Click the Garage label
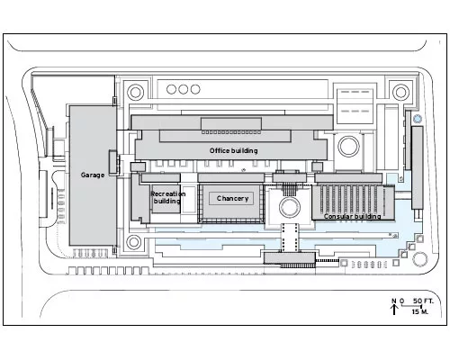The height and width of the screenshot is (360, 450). [x=93, y=175]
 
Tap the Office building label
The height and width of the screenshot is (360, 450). [x=233, y=150]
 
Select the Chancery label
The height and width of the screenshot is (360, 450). [x=232, y=198]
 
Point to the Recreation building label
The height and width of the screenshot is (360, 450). [x=167, y=197]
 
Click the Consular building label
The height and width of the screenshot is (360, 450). [x=352, y=216]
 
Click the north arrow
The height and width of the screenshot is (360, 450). [x=394, y=310]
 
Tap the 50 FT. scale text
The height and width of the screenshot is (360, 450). [x=423, y=301]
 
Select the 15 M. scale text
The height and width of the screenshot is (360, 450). [x=420, y=311]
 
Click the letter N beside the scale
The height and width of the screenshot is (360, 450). [x=394, y=301]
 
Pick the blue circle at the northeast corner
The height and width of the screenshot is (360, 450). [x=418, y=119]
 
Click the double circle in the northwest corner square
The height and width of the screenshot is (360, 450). [x=135, y=93]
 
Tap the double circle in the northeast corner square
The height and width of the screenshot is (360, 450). [x=400, y=93]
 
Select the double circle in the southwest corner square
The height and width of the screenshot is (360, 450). [x=133, y=242]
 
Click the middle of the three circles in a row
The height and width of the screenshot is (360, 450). [x=183, y=89]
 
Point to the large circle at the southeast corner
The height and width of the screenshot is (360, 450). [x=419, y=259]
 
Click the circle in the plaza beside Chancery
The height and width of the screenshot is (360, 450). [x=290, y=207]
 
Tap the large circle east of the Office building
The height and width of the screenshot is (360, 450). [x=348, y=147]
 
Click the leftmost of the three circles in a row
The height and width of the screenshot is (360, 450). [x=171, y=89]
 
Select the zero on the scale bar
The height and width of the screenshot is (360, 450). [x=402, y=301]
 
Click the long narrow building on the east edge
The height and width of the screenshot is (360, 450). [x=418, y=167]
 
